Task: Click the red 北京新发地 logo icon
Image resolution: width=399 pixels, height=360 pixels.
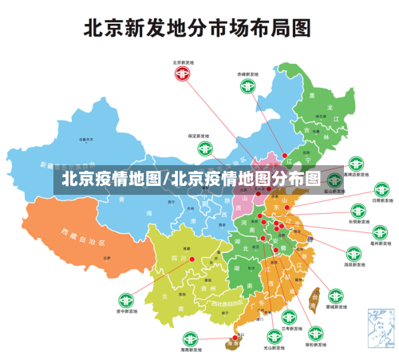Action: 184,74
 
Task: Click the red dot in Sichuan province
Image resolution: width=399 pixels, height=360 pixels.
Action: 192,259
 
